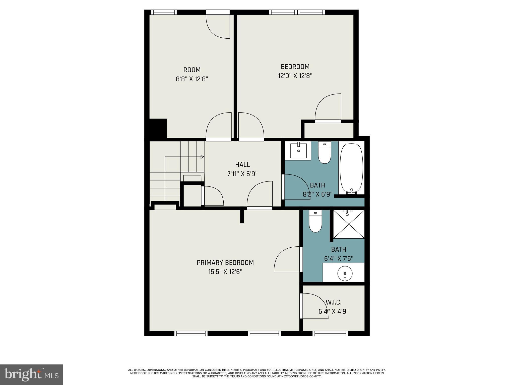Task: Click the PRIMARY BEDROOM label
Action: (225, 263)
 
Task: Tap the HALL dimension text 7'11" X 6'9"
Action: (242, 174)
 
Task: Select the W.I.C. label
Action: (334, 302)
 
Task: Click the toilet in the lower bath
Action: (315, 222)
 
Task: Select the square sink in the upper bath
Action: (298, 150)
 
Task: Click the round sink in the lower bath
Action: (345, 273)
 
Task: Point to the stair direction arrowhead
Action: (202, 157)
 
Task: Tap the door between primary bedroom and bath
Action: (287, 259)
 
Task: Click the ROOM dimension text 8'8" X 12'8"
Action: (192, 79)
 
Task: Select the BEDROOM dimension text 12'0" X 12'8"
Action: (295, 76)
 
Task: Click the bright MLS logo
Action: (31, 374)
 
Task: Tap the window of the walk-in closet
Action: (330, 334)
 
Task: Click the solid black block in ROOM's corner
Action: (158, 128)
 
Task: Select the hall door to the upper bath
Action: (296, 187)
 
